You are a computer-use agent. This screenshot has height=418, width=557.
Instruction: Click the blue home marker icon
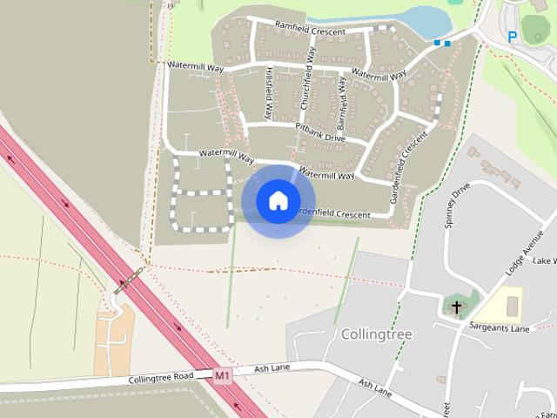tap(278, 201)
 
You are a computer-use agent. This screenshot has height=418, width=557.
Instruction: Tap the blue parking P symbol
tap(512, 37)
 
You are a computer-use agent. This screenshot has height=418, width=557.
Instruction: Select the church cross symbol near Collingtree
tap(457, 307)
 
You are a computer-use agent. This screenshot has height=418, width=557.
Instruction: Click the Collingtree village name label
tap(376, 334)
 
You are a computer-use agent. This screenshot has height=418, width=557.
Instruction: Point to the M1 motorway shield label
tap(224, 375)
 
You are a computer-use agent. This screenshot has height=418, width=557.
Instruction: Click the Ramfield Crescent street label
tap(310, 28)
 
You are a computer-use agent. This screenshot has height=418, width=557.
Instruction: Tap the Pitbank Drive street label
tap(320, 132)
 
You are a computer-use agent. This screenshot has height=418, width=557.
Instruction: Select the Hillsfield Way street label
tap(270, 92)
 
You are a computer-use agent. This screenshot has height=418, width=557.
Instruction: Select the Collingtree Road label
tap(159, 379)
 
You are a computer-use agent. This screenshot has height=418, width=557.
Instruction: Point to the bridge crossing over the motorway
tap(128, 280)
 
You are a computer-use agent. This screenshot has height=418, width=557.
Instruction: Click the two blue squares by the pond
tap(442, 42)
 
